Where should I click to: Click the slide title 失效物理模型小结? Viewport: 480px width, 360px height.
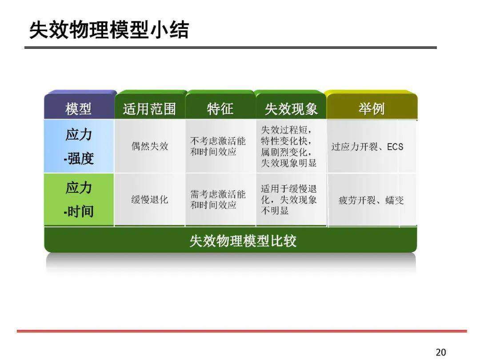(109, 30)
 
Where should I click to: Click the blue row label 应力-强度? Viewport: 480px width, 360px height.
(79, 146)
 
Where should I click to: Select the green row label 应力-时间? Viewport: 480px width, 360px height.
(79, 200)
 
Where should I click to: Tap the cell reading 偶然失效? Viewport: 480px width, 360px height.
(150, 146)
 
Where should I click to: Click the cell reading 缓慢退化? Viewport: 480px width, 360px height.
(150, 200)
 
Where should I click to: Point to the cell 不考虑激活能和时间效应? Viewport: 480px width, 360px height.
(218, 146)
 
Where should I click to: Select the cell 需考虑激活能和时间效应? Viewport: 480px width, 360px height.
(218, 200)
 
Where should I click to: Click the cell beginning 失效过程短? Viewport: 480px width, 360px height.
(288, 146)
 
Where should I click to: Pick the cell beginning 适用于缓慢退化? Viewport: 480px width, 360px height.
(288, 200)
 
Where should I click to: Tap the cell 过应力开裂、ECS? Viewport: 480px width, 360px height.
(367, 147)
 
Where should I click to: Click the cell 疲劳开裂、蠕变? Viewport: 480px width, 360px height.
(371, 200)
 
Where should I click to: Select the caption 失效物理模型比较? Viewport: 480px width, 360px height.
(243, 241)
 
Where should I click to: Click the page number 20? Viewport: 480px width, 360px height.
(440, 352)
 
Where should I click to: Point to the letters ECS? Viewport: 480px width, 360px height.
(395, 147)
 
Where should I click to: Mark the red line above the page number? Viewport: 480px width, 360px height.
(242, 331)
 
